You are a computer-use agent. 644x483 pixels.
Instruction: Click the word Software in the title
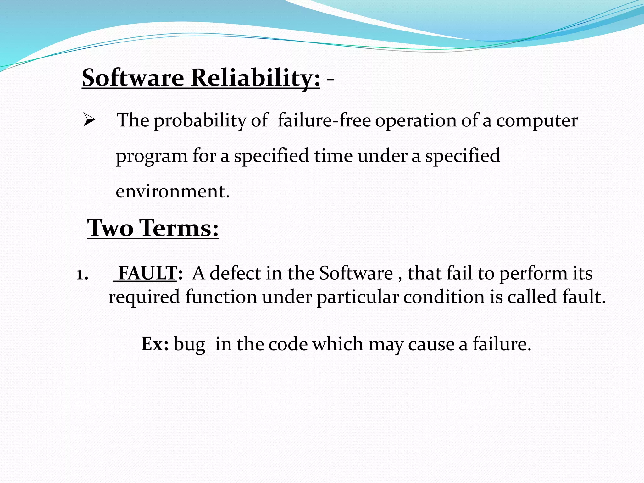(x=133, y=78)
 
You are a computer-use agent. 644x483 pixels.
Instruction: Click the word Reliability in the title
(x=255, y=78)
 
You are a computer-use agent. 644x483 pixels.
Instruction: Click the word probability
(x=200, y=121)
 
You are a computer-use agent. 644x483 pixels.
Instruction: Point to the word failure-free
(x=324, y=120)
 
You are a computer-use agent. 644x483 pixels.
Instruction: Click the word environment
(x=172, y=191)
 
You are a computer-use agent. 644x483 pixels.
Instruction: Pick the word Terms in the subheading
(x=179, y=228)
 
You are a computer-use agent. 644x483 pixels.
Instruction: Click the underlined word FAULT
(x=147, y=273)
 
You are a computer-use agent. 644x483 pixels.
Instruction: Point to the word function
(x=221, y=297)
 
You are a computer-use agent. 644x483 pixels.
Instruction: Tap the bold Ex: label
(x=155, y=344)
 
